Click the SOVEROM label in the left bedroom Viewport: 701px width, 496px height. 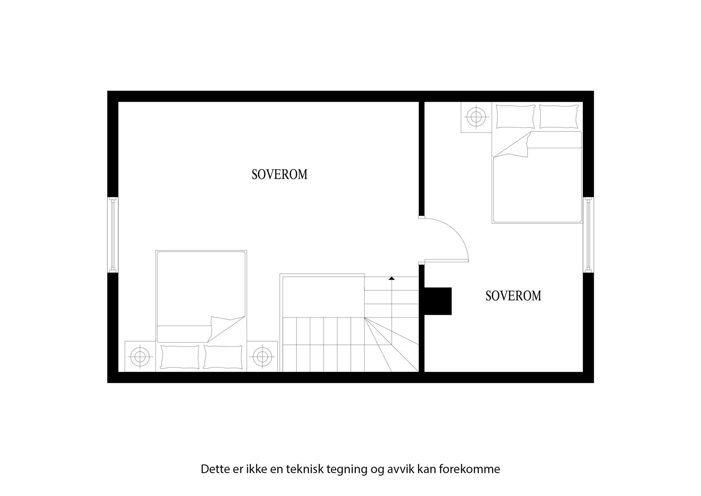[280, 175]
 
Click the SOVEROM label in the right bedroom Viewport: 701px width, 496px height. [513, 296]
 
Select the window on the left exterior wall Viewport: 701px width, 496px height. [113, 234]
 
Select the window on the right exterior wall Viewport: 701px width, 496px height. [588, 234]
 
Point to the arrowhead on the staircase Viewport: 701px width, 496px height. [392, 278]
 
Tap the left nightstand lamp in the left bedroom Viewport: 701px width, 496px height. [140, 356]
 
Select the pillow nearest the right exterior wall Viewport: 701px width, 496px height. [558, 117]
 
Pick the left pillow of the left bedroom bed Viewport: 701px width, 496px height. [180, 357]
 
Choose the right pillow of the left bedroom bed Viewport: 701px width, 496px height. [223, 357]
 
